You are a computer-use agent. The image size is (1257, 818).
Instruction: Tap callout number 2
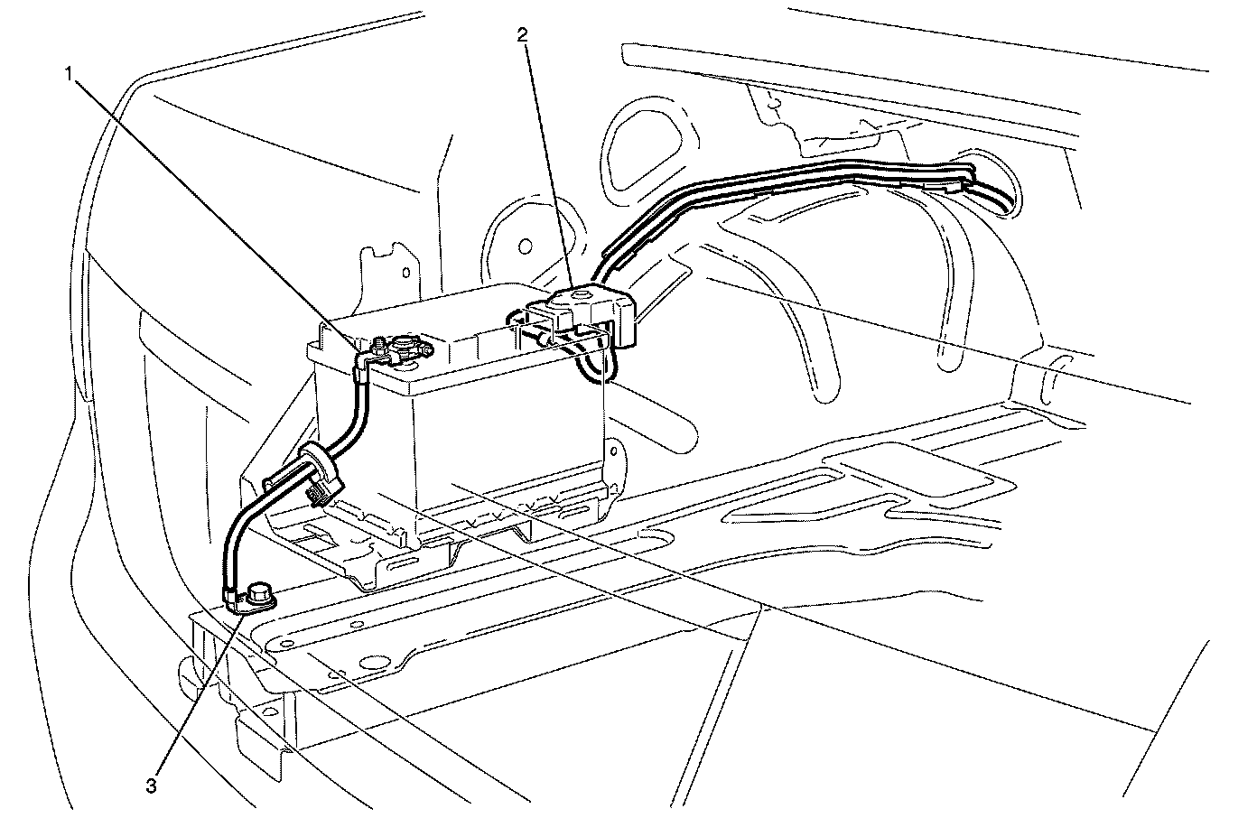523,34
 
